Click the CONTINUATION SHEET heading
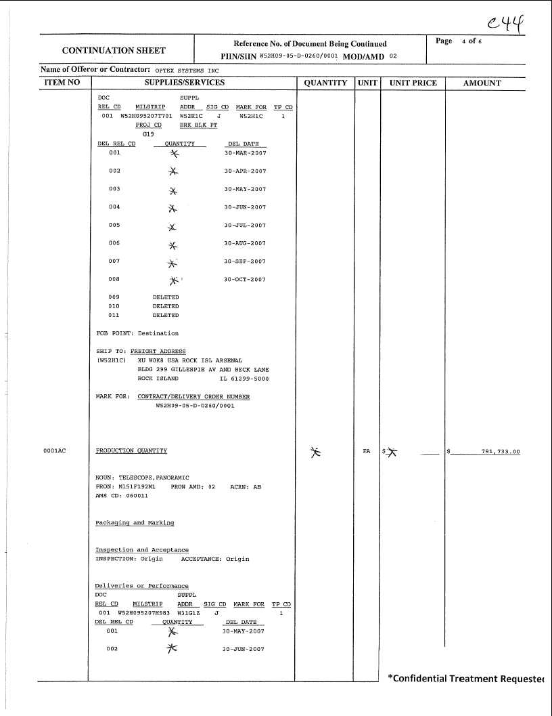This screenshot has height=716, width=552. pos(114,50)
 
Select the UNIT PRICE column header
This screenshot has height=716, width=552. pos(413,83)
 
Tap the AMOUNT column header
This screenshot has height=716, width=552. pos(482,83)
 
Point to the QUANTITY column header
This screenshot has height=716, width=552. pos(325,83)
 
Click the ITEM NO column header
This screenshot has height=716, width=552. pos(62,83)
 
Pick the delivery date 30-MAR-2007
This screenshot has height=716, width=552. pos(245,153)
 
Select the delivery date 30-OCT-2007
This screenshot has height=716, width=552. pos(245,279)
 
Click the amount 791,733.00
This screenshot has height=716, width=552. pos(500,451)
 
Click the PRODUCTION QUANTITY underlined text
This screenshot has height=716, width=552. pos(131,450)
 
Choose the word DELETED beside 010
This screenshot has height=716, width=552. pos(166,306)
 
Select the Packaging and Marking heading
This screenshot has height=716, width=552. pos(135,523)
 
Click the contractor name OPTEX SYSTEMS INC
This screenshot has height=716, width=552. pos(187,70)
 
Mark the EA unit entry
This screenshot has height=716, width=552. pos(367,451)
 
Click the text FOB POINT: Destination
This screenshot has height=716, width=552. pos(137,333)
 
